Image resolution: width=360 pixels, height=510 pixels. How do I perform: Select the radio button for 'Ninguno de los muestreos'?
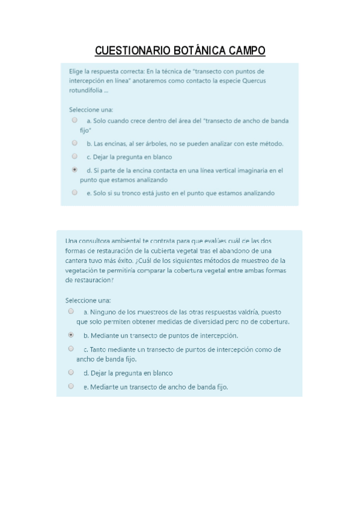[x=71, y=312]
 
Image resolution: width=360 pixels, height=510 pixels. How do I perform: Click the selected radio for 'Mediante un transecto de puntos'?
[x=71, y=335]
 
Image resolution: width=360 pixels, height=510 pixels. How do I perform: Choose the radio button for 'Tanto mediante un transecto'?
[x=71, y=349]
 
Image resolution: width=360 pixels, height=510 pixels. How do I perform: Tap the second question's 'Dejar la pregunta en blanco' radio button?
[x=71, y=372]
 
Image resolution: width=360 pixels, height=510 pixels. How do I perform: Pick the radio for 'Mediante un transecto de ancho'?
[x=71, y=386]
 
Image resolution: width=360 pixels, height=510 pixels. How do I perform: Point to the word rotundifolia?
[x=85, y=91]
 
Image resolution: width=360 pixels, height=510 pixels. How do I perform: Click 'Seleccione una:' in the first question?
[x=91, y=109]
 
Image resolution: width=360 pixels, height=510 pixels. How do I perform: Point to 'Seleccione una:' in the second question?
[x=88, y=300]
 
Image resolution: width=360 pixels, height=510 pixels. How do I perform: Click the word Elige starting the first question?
[x=76, y=71]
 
